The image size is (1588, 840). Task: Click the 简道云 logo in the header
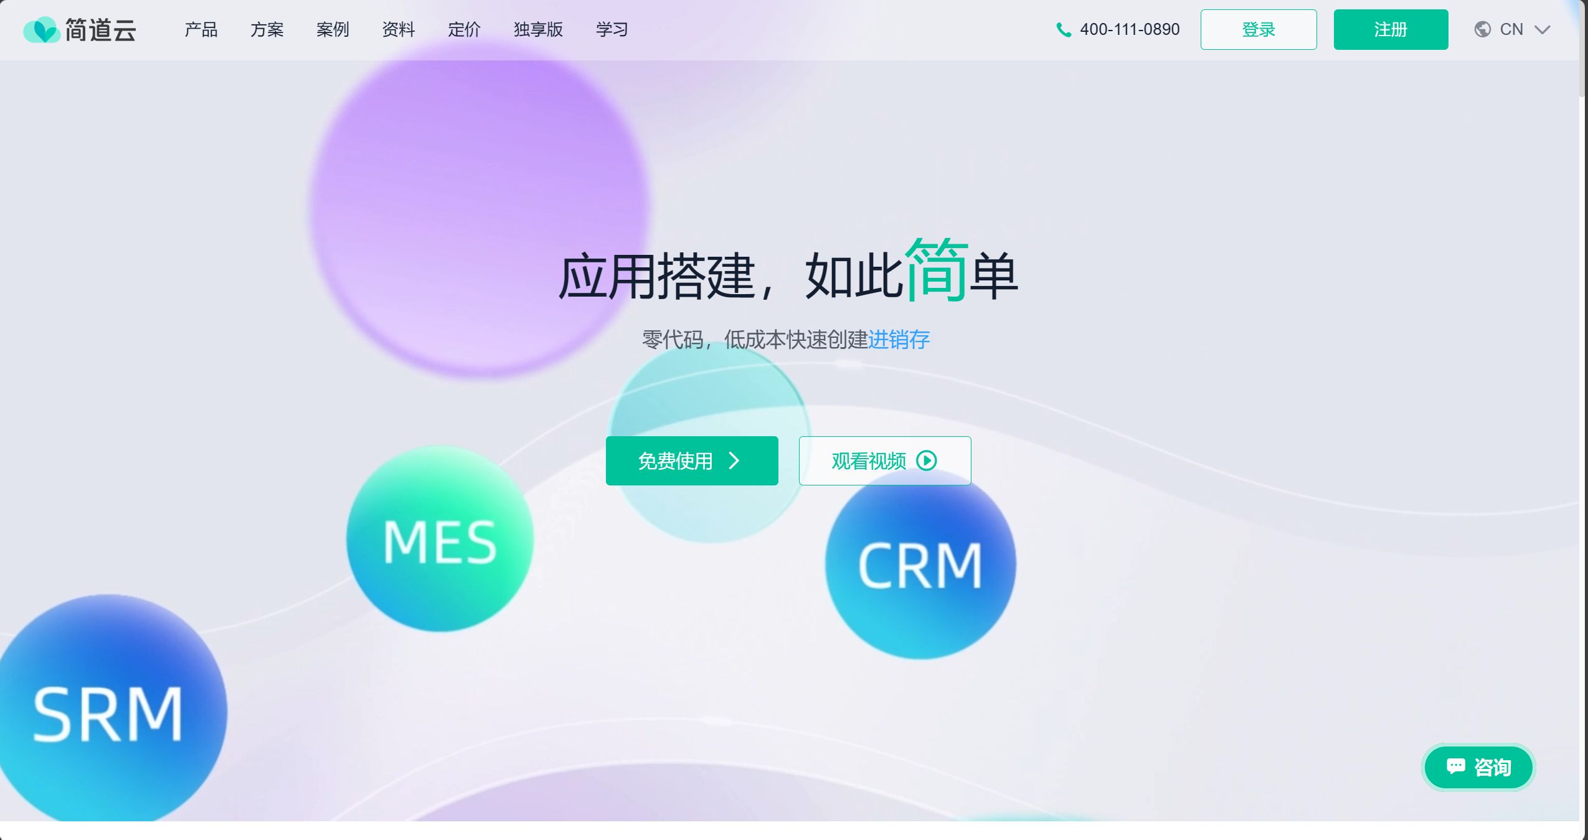[x=79, y=29]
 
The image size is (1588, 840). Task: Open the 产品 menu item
[x=201, y=29]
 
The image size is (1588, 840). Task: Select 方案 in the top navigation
[x=267, y=29]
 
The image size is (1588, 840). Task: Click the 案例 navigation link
[x=333, y=29]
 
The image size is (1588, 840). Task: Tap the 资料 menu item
[x=398, y=29]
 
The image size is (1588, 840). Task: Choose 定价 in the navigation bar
[x=464, y=29]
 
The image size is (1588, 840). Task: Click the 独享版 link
[x=538, y=29]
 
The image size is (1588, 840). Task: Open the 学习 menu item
[x=612, y=29]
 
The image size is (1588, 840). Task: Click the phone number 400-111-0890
[x=1129, y=29]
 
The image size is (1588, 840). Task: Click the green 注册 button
[x=1390, y=29]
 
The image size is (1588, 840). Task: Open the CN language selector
[x=1511, y=29]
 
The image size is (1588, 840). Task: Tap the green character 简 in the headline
[x=936, y=270]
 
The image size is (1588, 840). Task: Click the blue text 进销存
[x=899, y=340]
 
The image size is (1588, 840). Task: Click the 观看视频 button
[x=884, y=461]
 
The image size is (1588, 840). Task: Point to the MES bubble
[x=440, y=540]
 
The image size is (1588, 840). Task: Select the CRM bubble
[x=920, y=565]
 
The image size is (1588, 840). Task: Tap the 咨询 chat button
[x=1478, y=766]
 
